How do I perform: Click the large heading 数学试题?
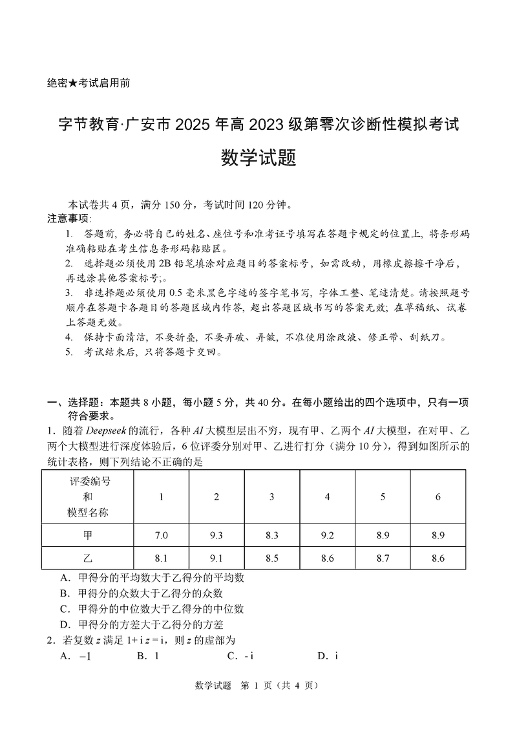(x=258, y=158)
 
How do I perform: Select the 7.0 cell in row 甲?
(x=161, y=535)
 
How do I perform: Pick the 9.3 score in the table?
(x=216, y=535)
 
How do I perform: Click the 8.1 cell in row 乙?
(x=161, y=558)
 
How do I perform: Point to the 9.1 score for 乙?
(x=216, y=558)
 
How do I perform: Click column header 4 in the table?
(x=328, y=496)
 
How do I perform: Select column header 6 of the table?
(x=438, y=496)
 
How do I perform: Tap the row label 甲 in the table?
(x=88, y=535)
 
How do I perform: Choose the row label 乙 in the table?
(x=88, y=558)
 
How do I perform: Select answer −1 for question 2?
(x=84, y=656)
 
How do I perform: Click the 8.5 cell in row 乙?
(x=272, y=558)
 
